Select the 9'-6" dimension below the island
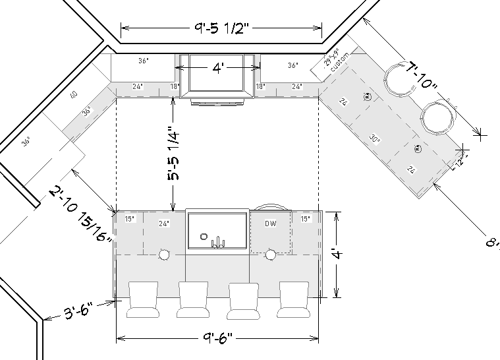[216, 340]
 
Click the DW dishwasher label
[271, 224]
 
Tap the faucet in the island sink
[215, 241]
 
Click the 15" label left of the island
[129, 219]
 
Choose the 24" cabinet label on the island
[164, 224]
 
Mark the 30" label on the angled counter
[375, 139]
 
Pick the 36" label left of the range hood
[144, 61]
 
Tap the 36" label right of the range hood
[293, 65]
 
